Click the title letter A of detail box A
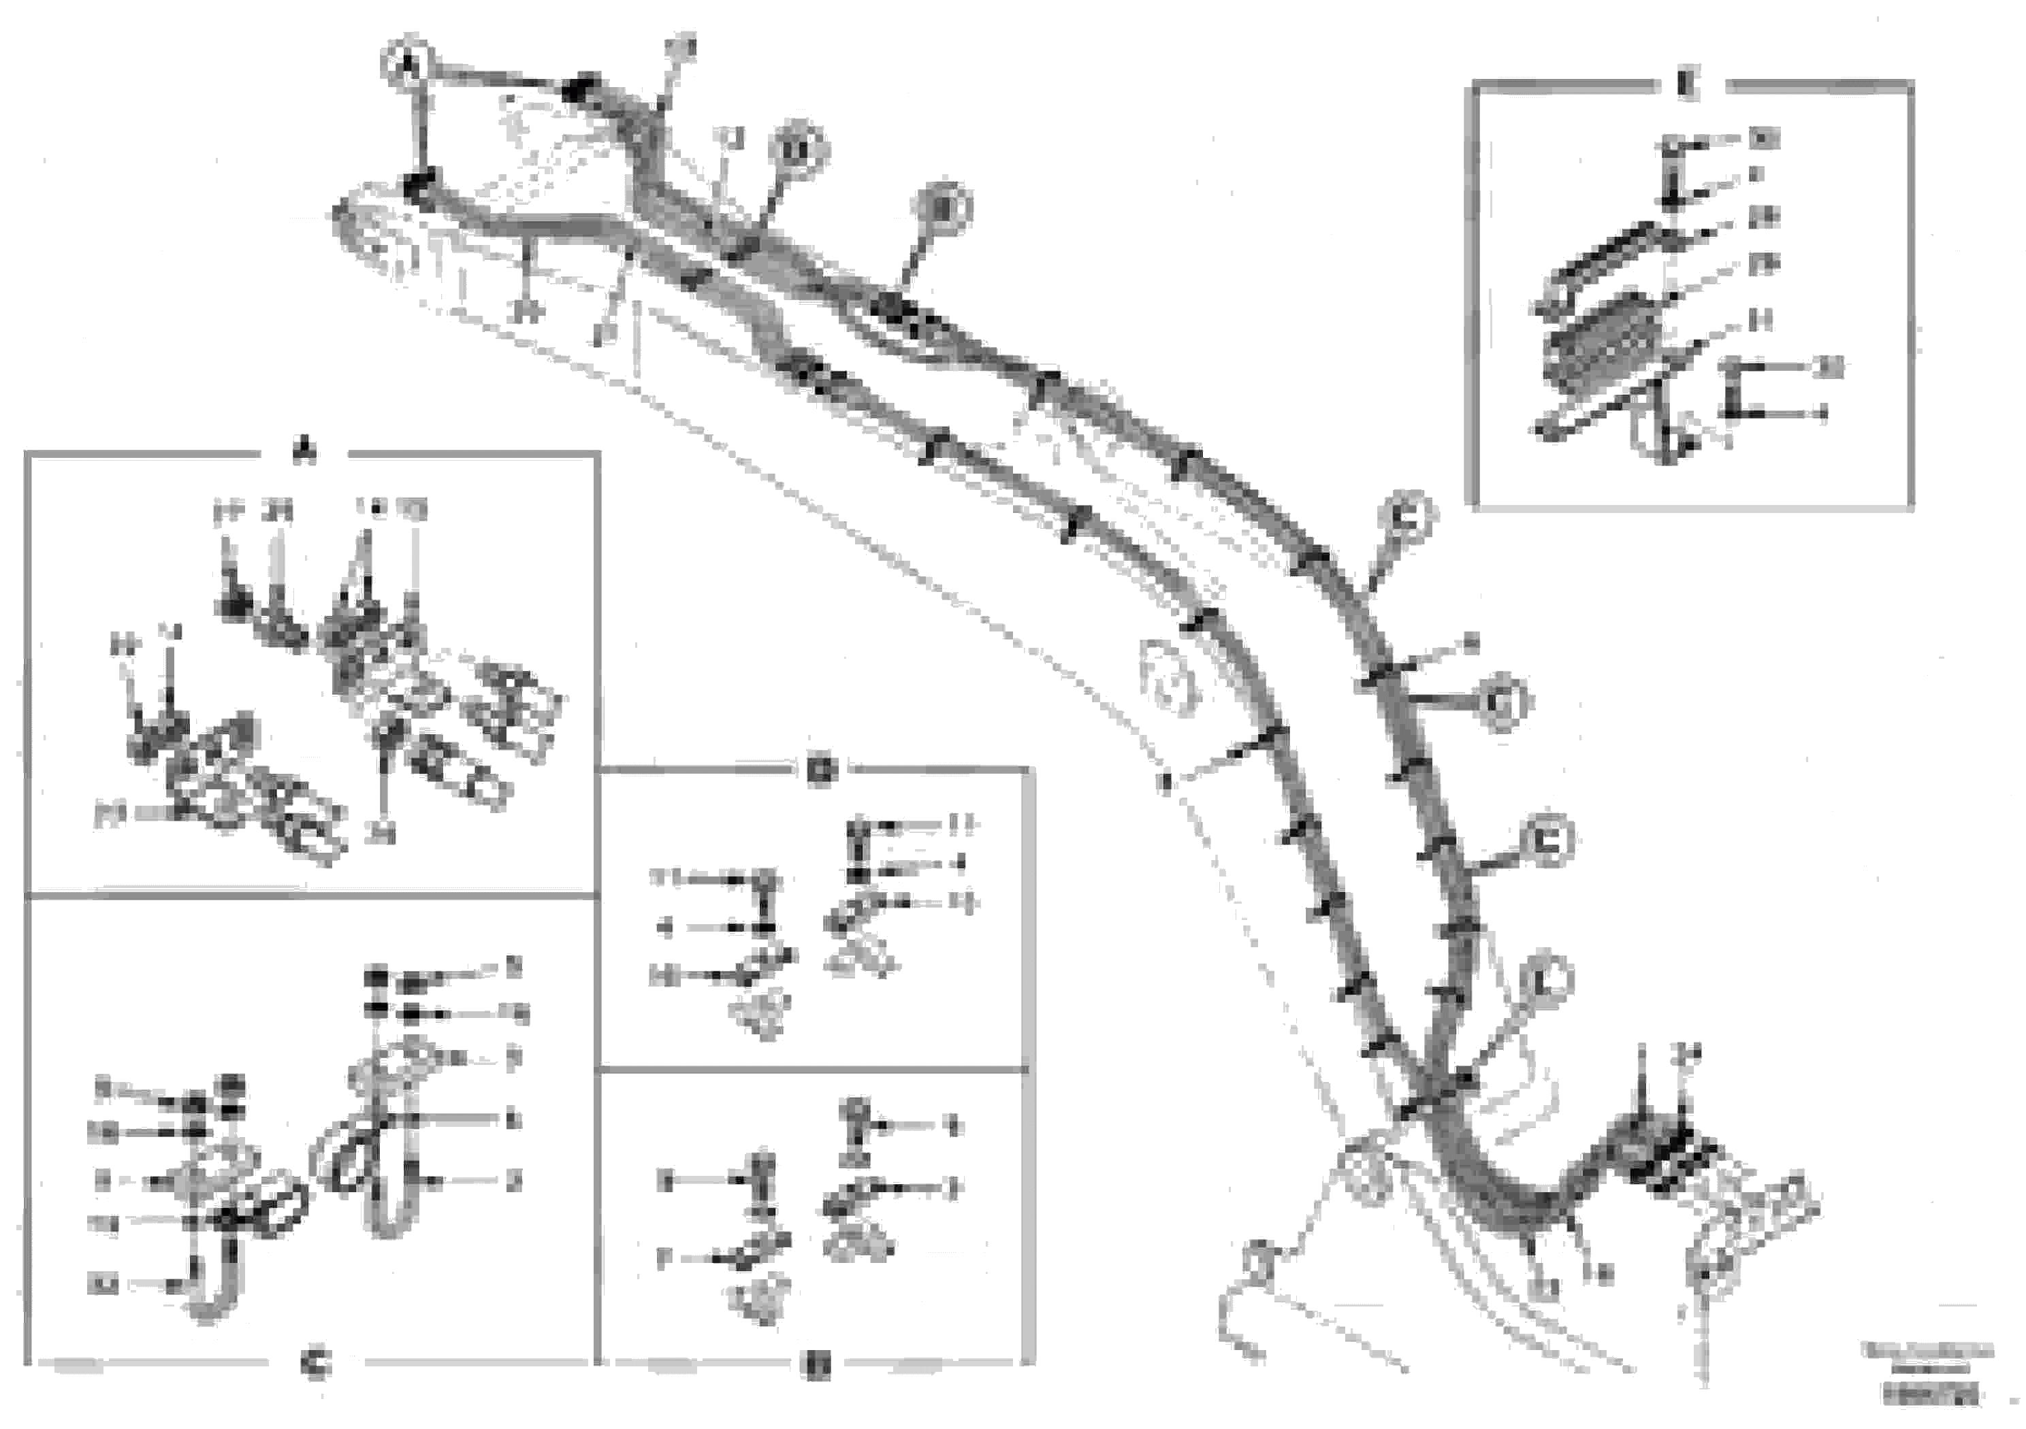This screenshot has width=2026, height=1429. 304,453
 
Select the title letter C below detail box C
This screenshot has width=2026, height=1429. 315,1366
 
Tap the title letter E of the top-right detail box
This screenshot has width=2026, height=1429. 1687,86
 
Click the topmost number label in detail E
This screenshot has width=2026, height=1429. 1763,139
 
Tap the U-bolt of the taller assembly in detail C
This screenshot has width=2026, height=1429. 384,1182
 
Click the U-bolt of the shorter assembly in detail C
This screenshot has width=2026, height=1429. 210,1279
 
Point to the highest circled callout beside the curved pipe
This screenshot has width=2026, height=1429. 1406,521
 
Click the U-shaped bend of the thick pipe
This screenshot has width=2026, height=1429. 1500,1195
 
